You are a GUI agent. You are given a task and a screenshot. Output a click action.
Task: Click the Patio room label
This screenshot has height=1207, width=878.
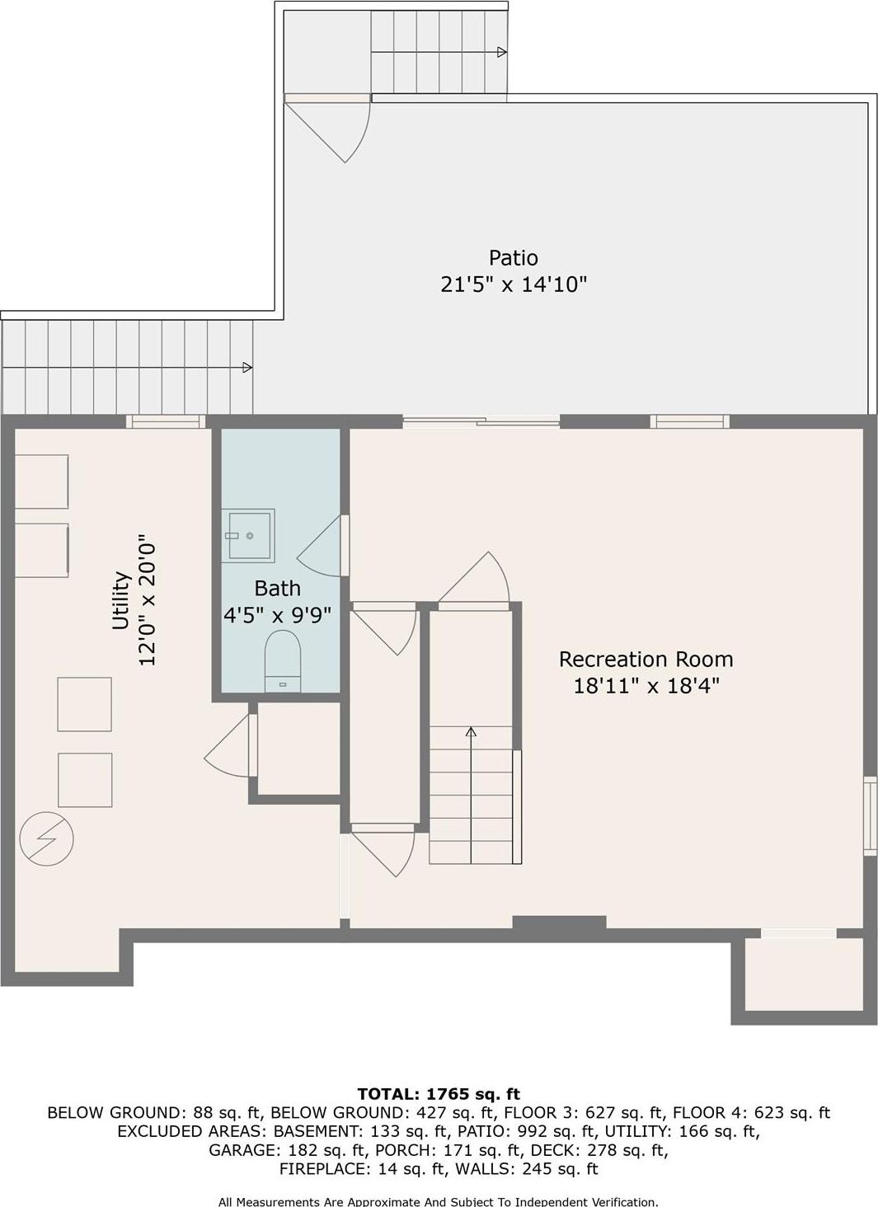pos(513,258)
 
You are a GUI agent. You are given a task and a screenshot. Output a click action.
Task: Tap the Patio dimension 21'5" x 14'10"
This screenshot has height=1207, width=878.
pos(513,284)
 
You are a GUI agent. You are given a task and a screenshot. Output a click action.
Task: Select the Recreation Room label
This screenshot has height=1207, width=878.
pos(646,660)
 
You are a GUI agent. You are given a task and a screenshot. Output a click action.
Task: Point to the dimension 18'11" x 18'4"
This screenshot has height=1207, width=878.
pos(646,686)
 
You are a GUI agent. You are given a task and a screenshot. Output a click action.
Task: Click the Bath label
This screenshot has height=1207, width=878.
pos(277,589)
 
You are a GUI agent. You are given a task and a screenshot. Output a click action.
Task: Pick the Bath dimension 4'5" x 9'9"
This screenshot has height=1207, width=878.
pos(277,615)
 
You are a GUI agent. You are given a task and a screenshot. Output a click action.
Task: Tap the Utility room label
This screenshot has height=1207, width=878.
pos(121,600)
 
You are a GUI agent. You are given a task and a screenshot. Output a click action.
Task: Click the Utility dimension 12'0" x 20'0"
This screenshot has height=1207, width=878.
pos(148,603)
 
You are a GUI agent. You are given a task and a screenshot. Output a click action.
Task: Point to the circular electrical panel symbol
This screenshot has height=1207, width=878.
pos(47,839)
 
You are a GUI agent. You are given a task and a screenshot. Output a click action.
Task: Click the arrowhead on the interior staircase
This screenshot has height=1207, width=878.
pos(471,731)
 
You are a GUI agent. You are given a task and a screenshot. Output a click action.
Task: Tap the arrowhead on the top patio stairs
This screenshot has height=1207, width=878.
pos(501,53)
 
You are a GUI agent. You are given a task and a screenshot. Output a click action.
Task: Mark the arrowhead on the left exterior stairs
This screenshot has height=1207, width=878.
pos(247,368)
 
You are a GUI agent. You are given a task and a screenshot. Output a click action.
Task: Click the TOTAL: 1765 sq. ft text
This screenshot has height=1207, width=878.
pos(439,1094)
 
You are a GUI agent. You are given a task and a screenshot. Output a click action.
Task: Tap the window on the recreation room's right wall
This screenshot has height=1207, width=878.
pos(869,814)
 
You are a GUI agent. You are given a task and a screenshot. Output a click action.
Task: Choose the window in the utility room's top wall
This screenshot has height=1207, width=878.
pos(166,422)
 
